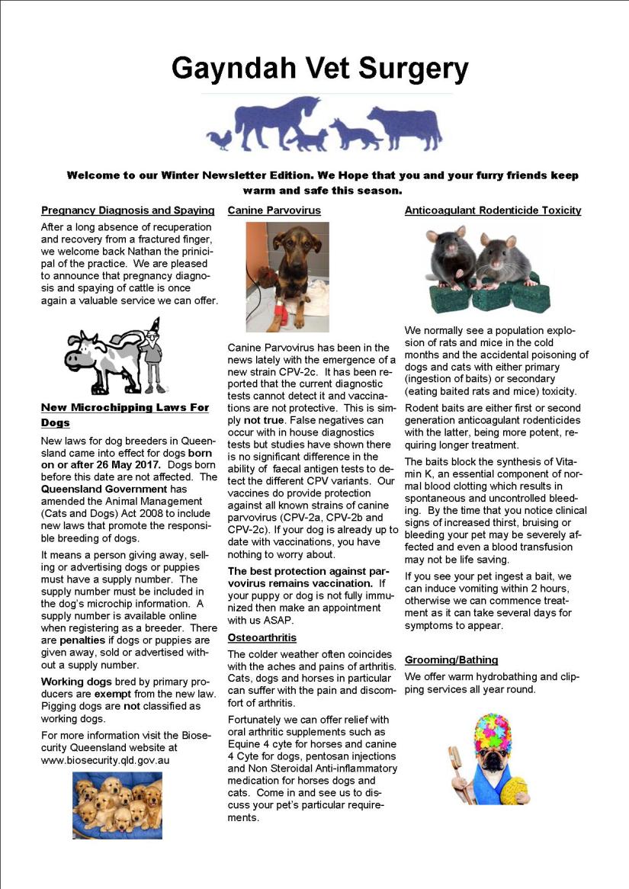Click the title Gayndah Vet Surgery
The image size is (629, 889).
pos(319,69)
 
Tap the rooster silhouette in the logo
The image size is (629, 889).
pos(222,140)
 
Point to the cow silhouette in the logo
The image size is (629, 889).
pos(404,126)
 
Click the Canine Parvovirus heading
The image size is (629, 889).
pos(274,210)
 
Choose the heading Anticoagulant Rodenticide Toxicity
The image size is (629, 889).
pos(493,210)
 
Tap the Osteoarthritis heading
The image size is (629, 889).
pos(262,637)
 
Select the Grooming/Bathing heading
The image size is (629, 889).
pos(451,660)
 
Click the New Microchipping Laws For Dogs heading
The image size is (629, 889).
pos(124,415)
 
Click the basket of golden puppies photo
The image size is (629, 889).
pos(117,805)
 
